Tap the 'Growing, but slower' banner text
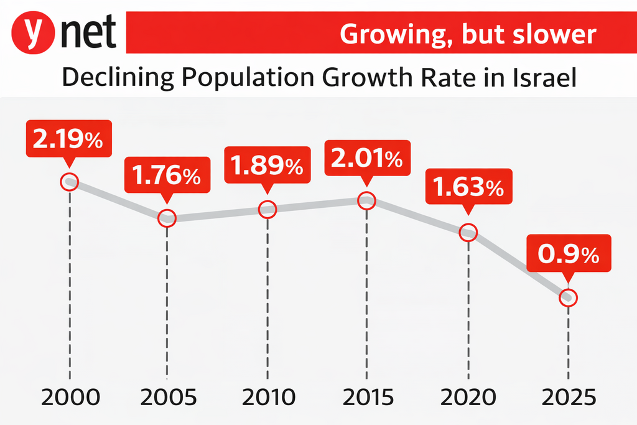point(467,34)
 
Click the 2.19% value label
point(68,139)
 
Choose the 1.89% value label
point(267,165)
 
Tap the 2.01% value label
point(366,159)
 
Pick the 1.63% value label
point(468,187)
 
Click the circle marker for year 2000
point(69,182)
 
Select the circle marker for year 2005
point(167,218)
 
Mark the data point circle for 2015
point(367,200)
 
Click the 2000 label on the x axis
point(69,396)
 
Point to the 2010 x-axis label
point(267,396)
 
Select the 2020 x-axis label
point(468,396)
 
